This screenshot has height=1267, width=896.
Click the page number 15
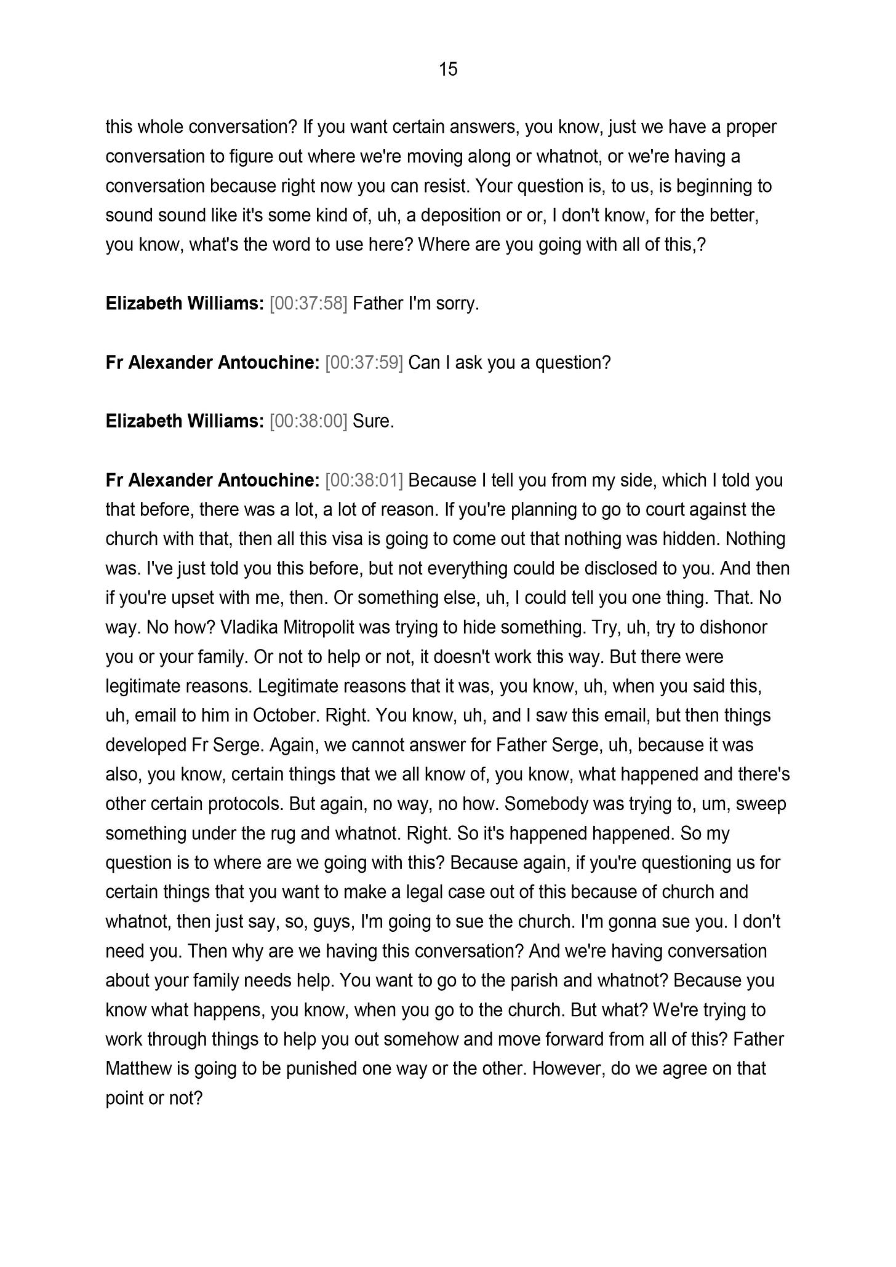coord(448,70)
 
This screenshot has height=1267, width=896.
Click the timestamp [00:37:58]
coord(308,304)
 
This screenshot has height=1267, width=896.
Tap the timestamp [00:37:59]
coord(364,363)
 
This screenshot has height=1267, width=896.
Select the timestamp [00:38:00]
coord(308,421)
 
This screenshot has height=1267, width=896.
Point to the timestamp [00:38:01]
coord(364,480)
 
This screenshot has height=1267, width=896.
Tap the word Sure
coord(373,421)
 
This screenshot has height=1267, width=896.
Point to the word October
coord(285,715)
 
